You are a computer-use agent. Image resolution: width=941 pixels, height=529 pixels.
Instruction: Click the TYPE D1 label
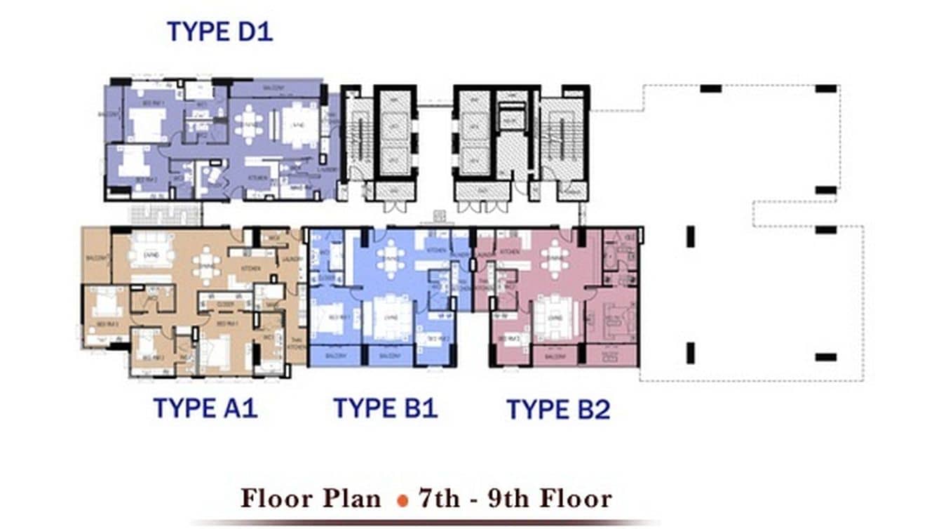tap(219, 32)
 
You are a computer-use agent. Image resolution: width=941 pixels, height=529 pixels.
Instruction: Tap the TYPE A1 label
tap(205, 408)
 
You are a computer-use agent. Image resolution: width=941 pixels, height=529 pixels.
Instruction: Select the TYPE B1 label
tap(385, 408)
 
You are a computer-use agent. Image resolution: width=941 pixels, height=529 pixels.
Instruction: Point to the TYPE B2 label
tap(558, 409)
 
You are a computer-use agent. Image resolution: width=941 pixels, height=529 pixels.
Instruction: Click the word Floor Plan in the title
tap(311, 499)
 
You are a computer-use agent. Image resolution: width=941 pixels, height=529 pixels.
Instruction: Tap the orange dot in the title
tap(402, 500)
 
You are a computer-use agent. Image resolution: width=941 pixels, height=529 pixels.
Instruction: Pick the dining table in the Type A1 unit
tap(206, 265)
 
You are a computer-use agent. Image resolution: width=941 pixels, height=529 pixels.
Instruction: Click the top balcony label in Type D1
tap(273, 88)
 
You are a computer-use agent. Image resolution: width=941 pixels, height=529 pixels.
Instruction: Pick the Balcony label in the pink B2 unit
tap(555, 356)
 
